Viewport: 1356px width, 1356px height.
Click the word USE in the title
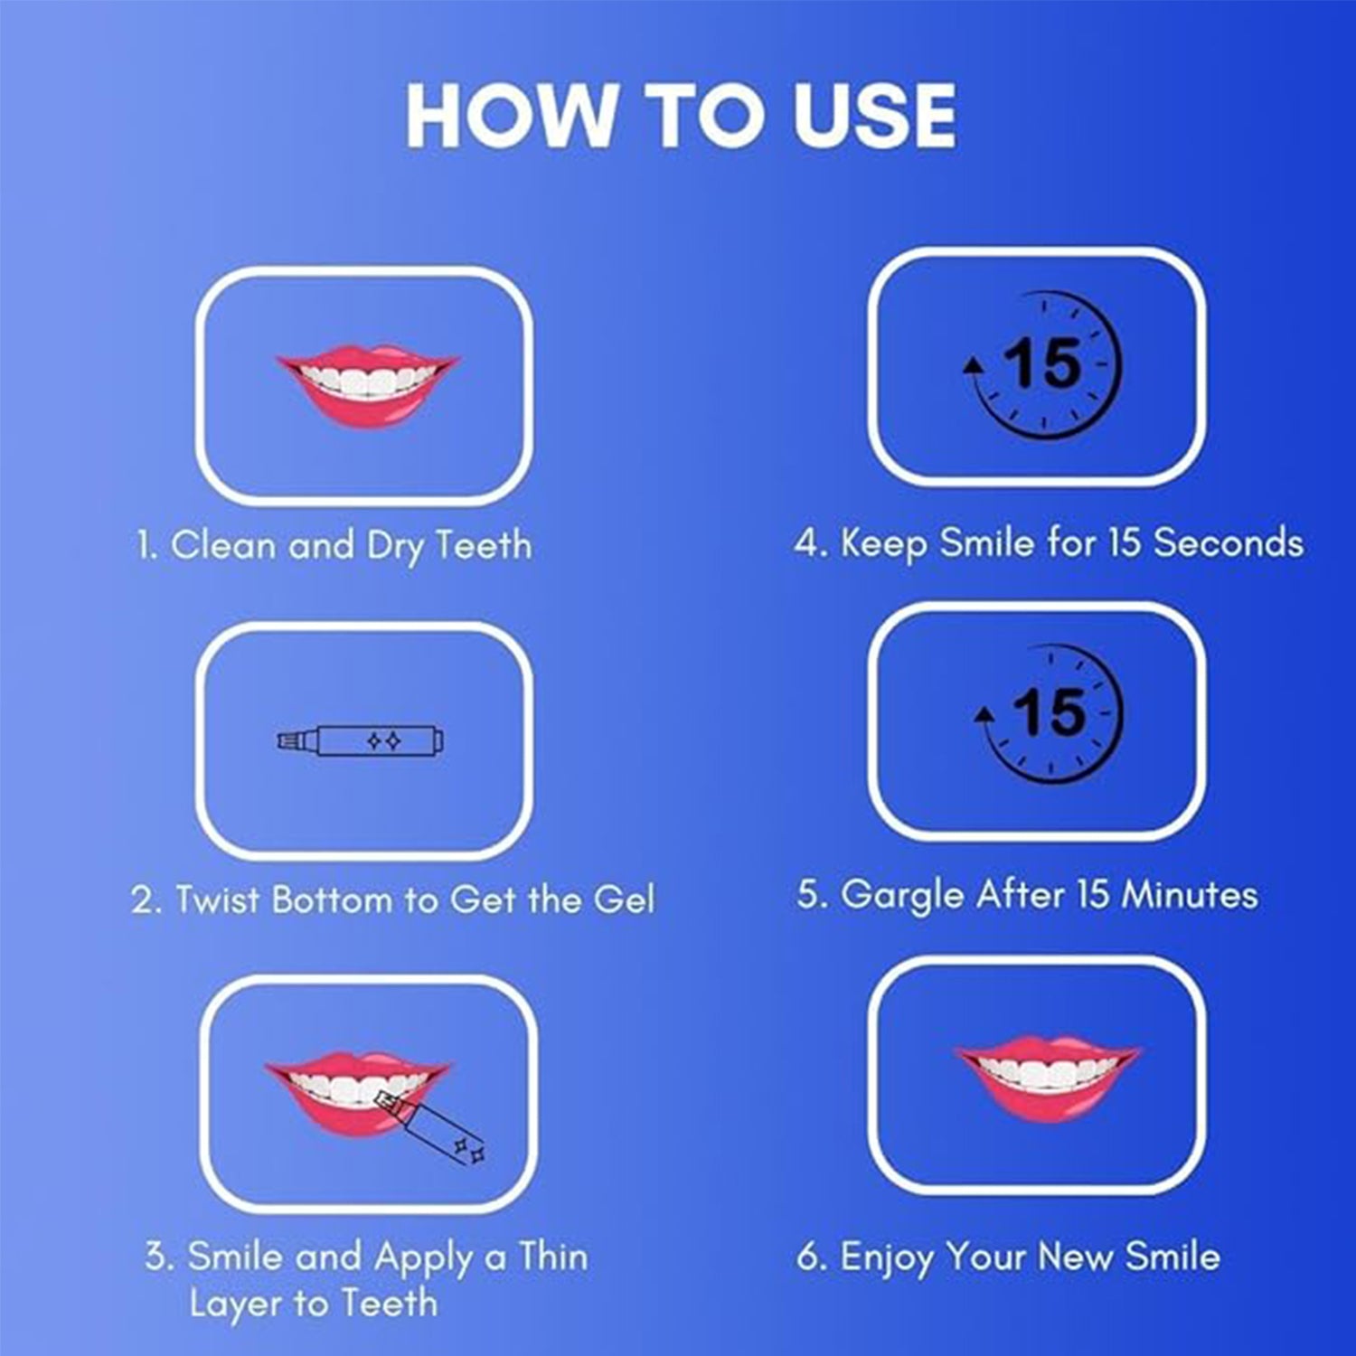tap(874, 115)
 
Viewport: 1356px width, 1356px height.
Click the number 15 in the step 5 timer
tap(1050, 711)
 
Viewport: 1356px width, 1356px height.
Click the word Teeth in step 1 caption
tap(484, 545)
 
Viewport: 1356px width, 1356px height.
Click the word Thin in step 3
tap(552, 1257)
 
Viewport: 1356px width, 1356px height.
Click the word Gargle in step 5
tap(901, 896)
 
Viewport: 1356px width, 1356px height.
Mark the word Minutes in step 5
tap(1189, 895)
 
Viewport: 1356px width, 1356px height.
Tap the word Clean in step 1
tap(222, 545)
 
